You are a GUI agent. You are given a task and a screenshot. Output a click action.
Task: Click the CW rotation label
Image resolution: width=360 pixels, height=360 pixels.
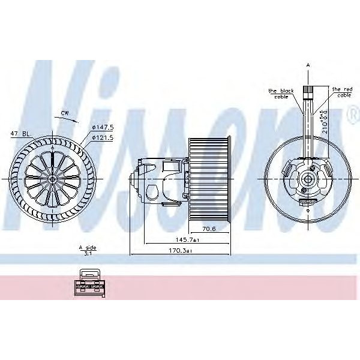[x=64, y=112]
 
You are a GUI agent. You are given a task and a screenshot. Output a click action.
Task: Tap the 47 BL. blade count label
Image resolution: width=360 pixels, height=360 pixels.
[x=20, y=134]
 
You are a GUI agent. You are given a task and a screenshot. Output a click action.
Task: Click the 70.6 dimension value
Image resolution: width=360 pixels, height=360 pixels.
[x=208, y=229]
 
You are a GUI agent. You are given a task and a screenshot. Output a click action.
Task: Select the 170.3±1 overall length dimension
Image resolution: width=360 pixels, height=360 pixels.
[x=179, y=250]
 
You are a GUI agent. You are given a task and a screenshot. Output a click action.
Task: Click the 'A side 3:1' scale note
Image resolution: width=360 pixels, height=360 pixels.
[x=87, y=250]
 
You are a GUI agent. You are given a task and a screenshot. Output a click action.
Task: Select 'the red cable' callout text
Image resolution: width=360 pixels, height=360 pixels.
[x=343, y=91]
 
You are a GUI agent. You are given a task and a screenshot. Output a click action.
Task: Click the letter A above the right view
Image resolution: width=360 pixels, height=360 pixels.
[x=308, y=64]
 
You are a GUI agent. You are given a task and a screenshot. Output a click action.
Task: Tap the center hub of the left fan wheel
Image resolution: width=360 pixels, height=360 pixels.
[x=52, y=179]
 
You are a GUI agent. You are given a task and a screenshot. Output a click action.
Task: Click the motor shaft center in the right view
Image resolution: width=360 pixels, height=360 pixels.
[x=308, y=179]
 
